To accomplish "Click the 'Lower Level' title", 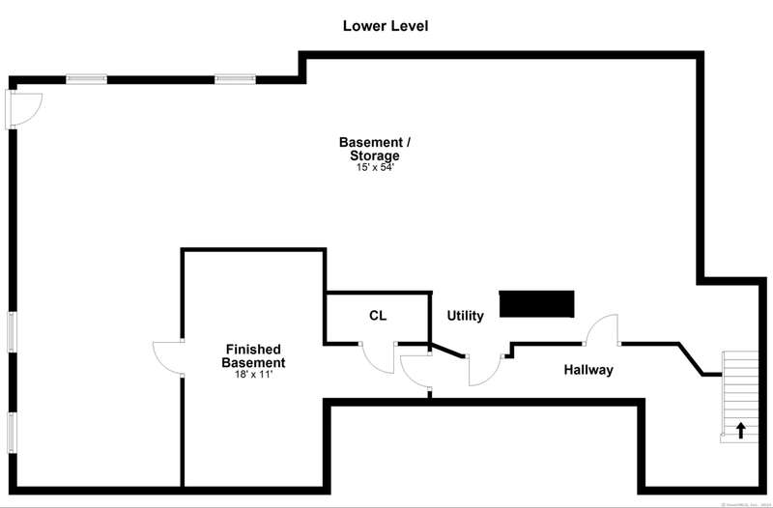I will (x=386, y=26).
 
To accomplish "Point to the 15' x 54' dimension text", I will (x=376, y=167).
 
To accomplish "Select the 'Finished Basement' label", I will (x=252, y=355).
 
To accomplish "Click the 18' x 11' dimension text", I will (x=252, y=374).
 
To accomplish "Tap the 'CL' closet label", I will (x=378, y=316).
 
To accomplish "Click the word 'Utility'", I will (x=465, y=316).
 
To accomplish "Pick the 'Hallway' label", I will (x=588, y=370).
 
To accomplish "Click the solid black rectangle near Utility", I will (x=536, y=303).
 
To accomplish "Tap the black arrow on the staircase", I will (x=741, y=431).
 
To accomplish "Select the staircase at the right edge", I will (x=741, y=396).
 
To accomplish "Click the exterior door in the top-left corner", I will (x=23, y=108).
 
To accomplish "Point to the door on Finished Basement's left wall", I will (x=167, y=359).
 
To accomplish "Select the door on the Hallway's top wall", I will (x=603, y=329).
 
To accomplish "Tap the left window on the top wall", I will (x=85, y=78).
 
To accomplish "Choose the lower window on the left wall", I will (x=12, y=432).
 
